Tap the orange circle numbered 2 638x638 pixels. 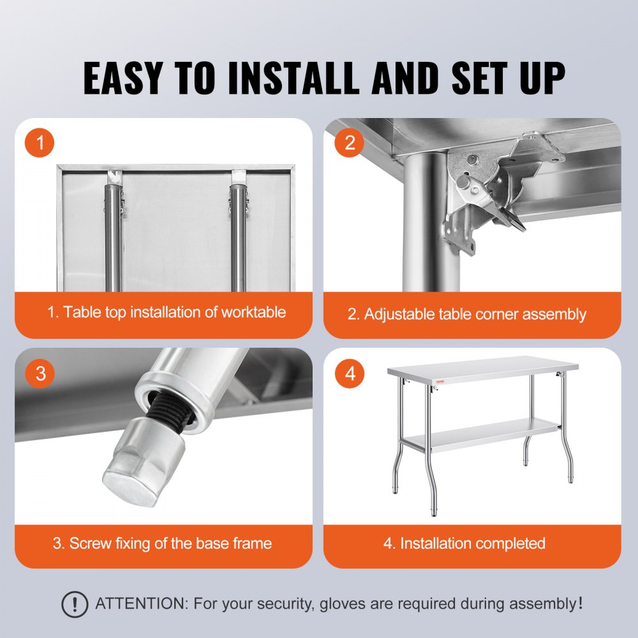coord(350,144)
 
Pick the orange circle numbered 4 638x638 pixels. coord(350,373)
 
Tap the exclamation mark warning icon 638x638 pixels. coord(75,604)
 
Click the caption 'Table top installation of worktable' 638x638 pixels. coord(167,313)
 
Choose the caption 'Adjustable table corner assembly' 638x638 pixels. coord(466,314)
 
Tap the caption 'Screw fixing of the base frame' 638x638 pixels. coord(162,544)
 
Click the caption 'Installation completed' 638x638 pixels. coord(464,544)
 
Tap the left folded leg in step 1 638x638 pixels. coord(114,236)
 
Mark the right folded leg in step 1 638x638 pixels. coord(239,236)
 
